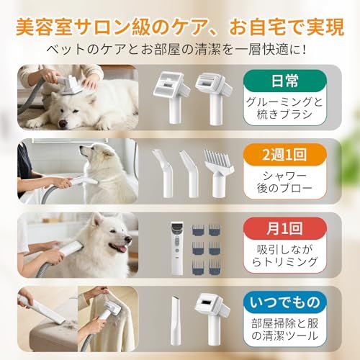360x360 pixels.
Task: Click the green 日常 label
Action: click(x=295, y=80)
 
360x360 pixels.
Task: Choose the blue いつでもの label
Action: click(x=295, y=297)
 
